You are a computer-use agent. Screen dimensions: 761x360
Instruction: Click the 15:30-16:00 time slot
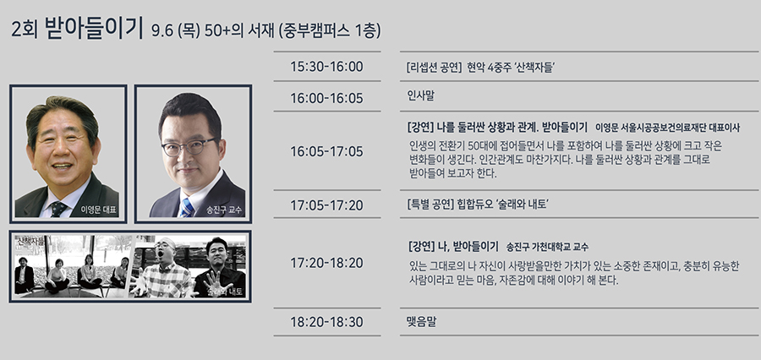pos(326,67)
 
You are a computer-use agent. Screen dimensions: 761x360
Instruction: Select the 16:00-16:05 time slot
pos(326,99)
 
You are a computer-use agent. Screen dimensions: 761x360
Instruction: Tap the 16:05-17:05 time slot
pos(326,152)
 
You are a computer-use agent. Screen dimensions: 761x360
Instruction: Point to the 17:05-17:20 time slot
pos(326,205)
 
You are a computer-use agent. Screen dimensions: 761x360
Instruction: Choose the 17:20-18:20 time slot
pos(326,263)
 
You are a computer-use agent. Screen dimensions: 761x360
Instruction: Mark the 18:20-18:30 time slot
pos(326,322)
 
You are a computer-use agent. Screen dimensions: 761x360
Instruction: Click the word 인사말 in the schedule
pos(421,95)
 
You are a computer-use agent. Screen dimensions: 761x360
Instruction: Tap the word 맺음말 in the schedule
pos(421,321)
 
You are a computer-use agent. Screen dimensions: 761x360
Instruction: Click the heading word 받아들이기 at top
pos(93,28)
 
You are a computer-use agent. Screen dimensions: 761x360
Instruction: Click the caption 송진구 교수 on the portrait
pos(224,210)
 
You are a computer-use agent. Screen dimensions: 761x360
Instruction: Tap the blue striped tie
pos(186,208)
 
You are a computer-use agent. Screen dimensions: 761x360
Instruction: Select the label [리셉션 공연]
pos(434,68)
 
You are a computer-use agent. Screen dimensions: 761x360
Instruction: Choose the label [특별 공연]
pos(431,205)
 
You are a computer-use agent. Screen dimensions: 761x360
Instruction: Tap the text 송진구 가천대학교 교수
pos(547,247)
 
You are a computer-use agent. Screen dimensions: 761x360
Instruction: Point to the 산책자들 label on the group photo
pos(30,241)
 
